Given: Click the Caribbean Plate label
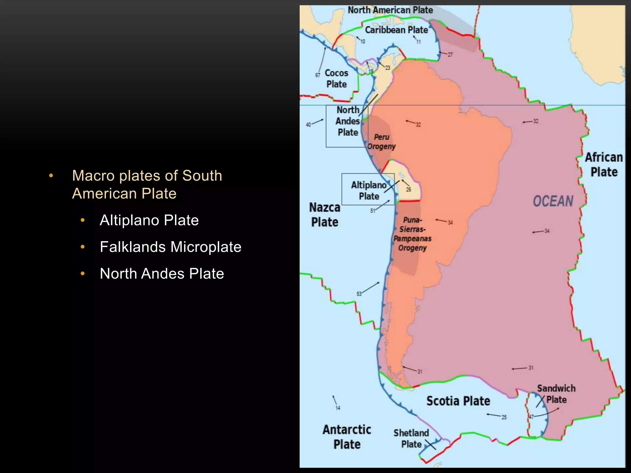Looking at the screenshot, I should pos(397,30).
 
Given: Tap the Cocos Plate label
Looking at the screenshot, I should pos(336,79).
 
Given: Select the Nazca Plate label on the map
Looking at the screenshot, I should pos(325,215).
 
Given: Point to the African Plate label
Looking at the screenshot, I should pos(604,164).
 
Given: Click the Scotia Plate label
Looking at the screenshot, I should pos(458,401).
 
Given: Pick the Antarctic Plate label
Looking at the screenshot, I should pos(347,437).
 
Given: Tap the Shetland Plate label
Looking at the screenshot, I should pos(411,439).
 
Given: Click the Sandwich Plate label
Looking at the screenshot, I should pos(556,394).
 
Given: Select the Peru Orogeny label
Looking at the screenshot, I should pos(381,142).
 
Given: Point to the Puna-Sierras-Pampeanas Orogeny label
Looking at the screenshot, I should pos(413,234).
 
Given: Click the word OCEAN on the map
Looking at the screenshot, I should pos(553,201).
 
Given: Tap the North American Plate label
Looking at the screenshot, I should pos(390,10).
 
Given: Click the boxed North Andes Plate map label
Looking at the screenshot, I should pos(348,121).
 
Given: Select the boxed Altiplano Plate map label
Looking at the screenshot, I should pos(369,190).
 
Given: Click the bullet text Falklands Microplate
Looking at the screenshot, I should pos(170,247).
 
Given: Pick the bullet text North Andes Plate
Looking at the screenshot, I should pos(162,273).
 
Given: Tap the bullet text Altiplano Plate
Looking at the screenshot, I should pos(149,220).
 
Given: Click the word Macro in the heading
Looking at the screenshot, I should pos(93,176).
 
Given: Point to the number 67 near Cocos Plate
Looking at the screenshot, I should pos(318,75).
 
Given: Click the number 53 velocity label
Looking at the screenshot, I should pos(359,294).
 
